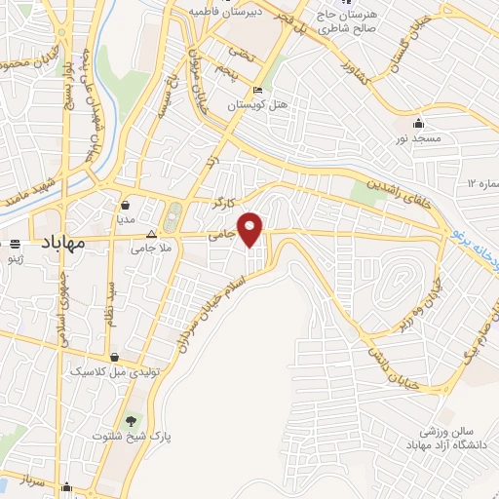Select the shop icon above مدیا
(127, 206)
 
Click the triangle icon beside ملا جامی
(151, 235)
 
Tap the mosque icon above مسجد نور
(419, 124)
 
